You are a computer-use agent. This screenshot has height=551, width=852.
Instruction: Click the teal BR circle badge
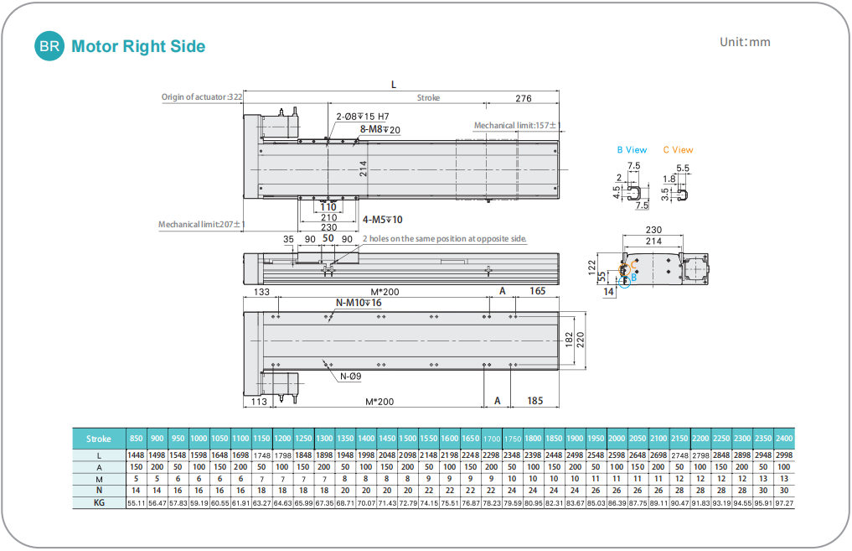click(x=49, y=47)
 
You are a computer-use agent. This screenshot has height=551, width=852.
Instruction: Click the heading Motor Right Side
click(x=138, y=47)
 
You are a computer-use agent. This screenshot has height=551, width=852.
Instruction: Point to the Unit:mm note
click(x=745, y=42)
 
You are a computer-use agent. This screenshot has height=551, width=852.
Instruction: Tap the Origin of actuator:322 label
click(x=202, y=97)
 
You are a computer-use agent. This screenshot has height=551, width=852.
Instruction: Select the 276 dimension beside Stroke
click(x=524, y=98)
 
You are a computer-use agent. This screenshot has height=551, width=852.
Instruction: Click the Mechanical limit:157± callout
click(x=515, y=126)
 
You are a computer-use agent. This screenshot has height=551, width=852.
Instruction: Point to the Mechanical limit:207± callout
click(x=200, y=225)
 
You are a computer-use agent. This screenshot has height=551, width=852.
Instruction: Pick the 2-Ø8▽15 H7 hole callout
click(x=363, y=117)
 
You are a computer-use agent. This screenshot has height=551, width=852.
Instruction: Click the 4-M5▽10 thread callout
click(x=383, y=220)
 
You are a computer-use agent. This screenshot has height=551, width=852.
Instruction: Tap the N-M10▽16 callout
click(x=359, y=303)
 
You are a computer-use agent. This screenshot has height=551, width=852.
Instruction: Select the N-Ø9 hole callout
click(x=350, y=376)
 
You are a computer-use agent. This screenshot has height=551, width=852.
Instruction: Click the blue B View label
click(x=632, y=150)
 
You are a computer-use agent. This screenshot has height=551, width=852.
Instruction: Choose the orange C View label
click(x=678, y=150)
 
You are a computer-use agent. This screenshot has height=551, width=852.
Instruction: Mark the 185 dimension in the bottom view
click(x=535, y=401)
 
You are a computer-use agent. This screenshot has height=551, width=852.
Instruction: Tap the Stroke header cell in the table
click(x=98, y=439)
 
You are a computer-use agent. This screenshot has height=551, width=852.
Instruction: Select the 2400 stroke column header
click(x=784, y=439)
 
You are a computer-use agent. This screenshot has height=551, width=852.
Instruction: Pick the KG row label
click(x=98, y=502)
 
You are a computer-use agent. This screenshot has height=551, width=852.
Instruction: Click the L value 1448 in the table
click(x=136, y=455)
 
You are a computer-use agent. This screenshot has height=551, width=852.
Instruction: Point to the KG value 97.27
click(x=784, y=502)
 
